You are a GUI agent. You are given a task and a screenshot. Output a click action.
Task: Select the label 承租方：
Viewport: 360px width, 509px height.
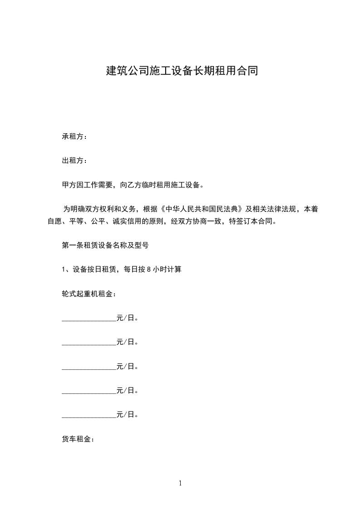point(74,137)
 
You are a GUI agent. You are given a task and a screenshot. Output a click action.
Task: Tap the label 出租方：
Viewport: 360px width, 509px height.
point(74,161)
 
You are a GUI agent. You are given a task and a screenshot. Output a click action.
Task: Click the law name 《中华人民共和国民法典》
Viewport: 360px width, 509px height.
point(200,209)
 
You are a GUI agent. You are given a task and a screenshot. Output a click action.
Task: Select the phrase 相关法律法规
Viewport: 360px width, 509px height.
point(274,209)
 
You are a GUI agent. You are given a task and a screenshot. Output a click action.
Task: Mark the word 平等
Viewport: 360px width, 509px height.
point(76,222)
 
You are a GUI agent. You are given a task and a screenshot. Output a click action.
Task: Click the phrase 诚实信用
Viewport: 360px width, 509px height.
point(126,222)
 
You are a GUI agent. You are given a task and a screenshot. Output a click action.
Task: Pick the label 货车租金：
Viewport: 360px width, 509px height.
point(78,439)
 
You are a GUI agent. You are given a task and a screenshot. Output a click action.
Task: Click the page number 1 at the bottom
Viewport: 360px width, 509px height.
point(180,483)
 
